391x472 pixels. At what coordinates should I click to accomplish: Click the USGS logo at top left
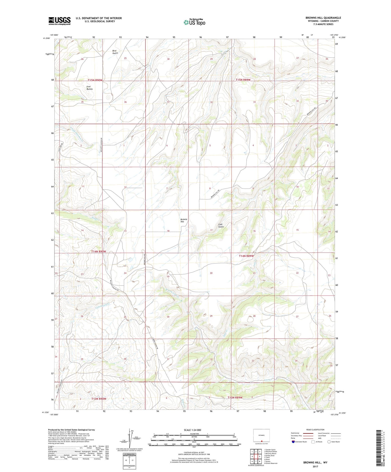click(x=59, y=21)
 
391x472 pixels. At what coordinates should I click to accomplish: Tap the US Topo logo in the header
click(x=194, y=22)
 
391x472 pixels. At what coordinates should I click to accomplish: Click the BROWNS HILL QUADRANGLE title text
click(x=323, y=18)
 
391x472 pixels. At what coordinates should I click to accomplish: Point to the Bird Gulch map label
click(x=115, y=52)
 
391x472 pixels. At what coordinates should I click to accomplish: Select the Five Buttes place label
click(x=89, y=88)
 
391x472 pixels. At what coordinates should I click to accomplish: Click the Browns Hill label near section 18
click(x=184, y=221)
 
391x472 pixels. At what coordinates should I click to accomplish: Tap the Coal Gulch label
click(x=221, y=225)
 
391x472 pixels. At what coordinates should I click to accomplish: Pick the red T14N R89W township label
click(x=246, y=256)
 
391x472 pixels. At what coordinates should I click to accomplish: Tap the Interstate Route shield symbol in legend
click(x=293, y=442)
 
